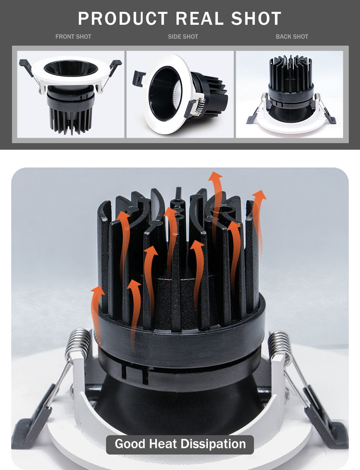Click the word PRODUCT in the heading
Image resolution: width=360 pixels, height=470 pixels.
[123, 19]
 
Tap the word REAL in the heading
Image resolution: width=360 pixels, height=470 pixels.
[200, 19]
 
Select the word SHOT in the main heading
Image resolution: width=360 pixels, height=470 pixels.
[256, 19]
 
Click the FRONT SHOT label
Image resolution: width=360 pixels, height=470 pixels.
[73, 37]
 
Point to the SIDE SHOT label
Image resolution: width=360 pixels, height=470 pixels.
[183, 37]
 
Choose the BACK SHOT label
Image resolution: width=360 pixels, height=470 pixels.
[292, 37]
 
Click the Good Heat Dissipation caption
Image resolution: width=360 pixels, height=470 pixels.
[180, 444]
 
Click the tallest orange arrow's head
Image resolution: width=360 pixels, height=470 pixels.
[215, 177]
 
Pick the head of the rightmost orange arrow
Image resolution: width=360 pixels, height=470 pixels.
[259, 195]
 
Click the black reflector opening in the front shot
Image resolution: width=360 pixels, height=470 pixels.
[71, 68]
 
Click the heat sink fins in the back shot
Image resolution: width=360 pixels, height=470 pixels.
[291, 73]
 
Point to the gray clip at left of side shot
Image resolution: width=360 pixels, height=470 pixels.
[139, 79]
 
